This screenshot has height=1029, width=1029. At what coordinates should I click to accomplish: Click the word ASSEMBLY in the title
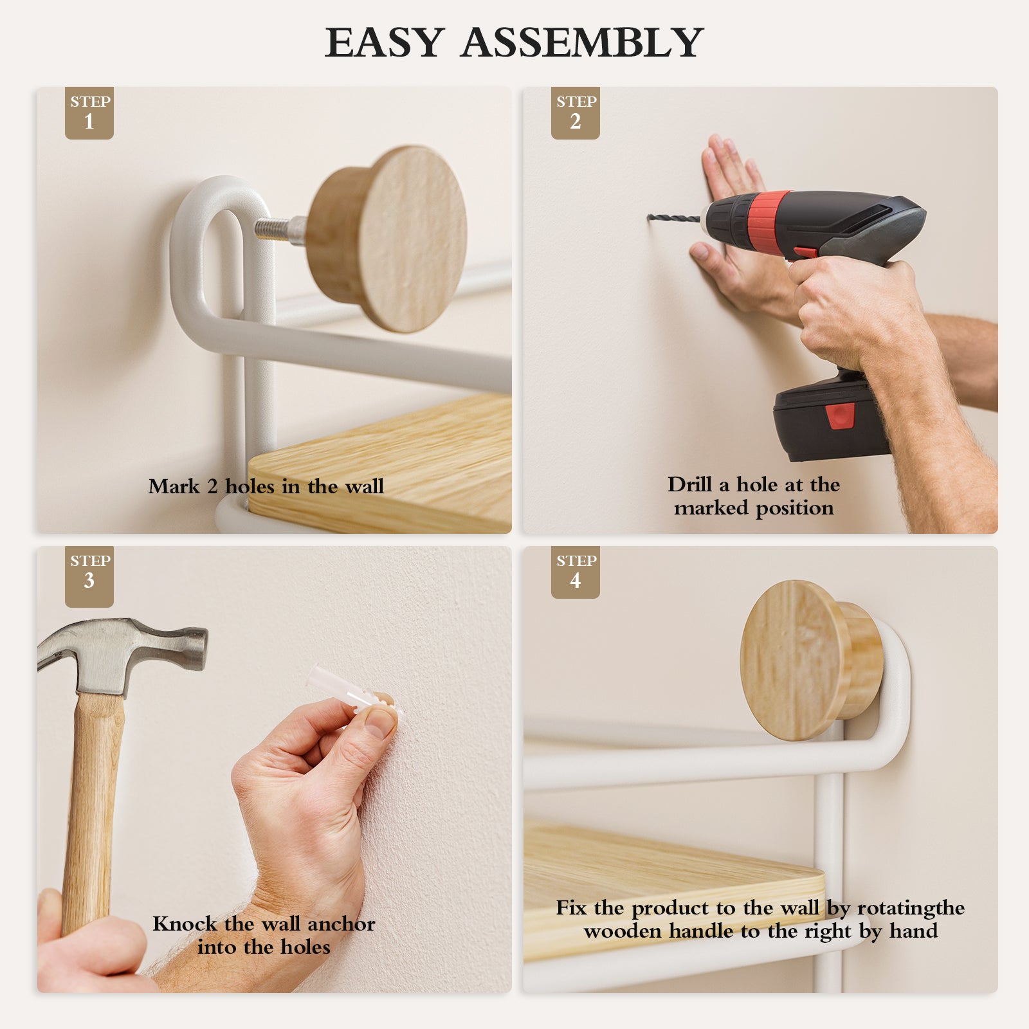[581, 42]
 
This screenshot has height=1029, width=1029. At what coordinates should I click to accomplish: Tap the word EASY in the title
[385, 42]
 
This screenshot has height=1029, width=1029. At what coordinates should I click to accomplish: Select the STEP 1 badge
[89, 113]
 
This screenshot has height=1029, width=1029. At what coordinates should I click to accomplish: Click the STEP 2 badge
[576, 113]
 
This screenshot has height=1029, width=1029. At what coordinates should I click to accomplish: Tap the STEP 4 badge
[576, 572]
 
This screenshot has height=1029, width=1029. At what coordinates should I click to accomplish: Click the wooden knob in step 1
[386, 239]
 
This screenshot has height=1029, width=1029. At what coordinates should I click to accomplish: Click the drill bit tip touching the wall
[649, 217]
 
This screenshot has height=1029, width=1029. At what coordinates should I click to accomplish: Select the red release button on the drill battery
[839, 415]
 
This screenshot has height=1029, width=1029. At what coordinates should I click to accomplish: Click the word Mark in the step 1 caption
[174, 486]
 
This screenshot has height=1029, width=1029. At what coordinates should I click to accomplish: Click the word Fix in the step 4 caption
[571, 907]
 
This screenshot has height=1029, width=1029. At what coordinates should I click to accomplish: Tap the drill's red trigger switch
[806, 252]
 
